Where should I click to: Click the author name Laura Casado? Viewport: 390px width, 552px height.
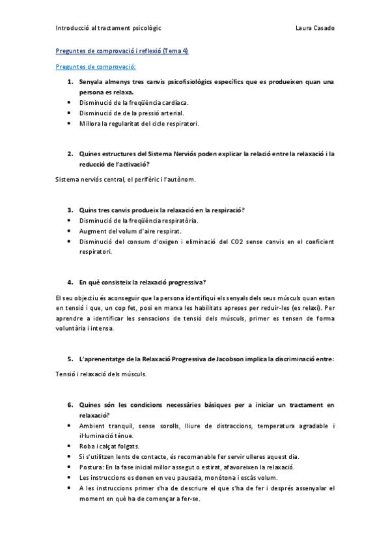click(314, 29)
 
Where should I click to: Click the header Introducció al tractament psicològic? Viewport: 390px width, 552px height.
click(109, 29)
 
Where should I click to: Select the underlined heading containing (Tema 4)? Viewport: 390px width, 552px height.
click(122, 51)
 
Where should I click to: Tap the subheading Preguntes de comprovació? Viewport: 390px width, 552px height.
click(96, 66)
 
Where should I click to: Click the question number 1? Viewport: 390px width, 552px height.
click(70, 82)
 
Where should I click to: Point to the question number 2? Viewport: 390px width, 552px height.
click(70, 154)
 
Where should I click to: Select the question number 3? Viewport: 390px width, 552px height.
click(70, 210)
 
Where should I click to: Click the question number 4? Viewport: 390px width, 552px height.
click(70, 282)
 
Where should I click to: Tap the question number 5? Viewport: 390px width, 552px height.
click(70, 359)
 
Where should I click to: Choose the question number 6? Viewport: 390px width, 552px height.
click(70, 404)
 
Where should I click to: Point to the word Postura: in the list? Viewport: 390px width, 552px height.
click(92, 467)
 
